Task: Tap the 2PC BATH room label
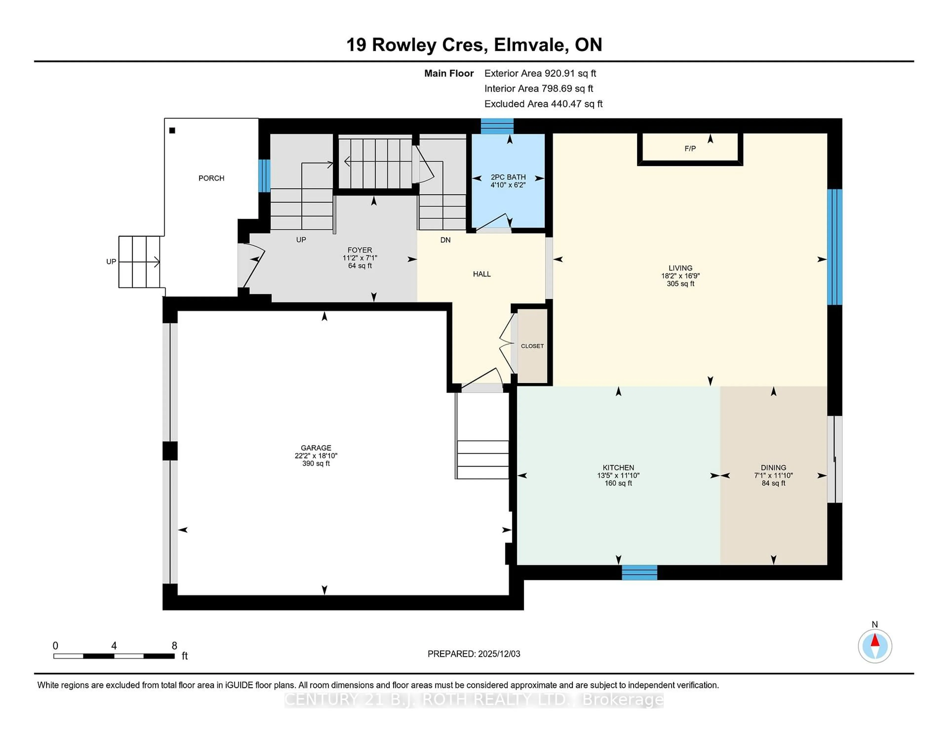tap(508, 177)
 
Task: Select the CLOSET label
tap(532, 346)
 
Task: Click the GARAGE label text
tap(316, 448)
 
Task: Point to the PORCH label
tap(211, 178)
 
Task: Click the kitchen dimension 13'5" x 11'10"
tap(618, 475)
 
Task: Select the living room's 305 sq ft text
tap(680, 284)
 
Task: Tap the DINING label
tap(773, 468)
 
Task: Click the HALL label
tap(482, 274)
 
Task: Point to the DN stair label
tap(445, 240)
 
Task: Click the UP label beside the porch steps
tap(111, 261)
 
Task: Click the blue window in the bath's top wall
tap(497, 126)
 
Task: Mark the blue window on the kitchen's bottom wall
tap(639, 572)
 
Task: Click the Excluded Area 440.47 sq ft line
tap(543, 104)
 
